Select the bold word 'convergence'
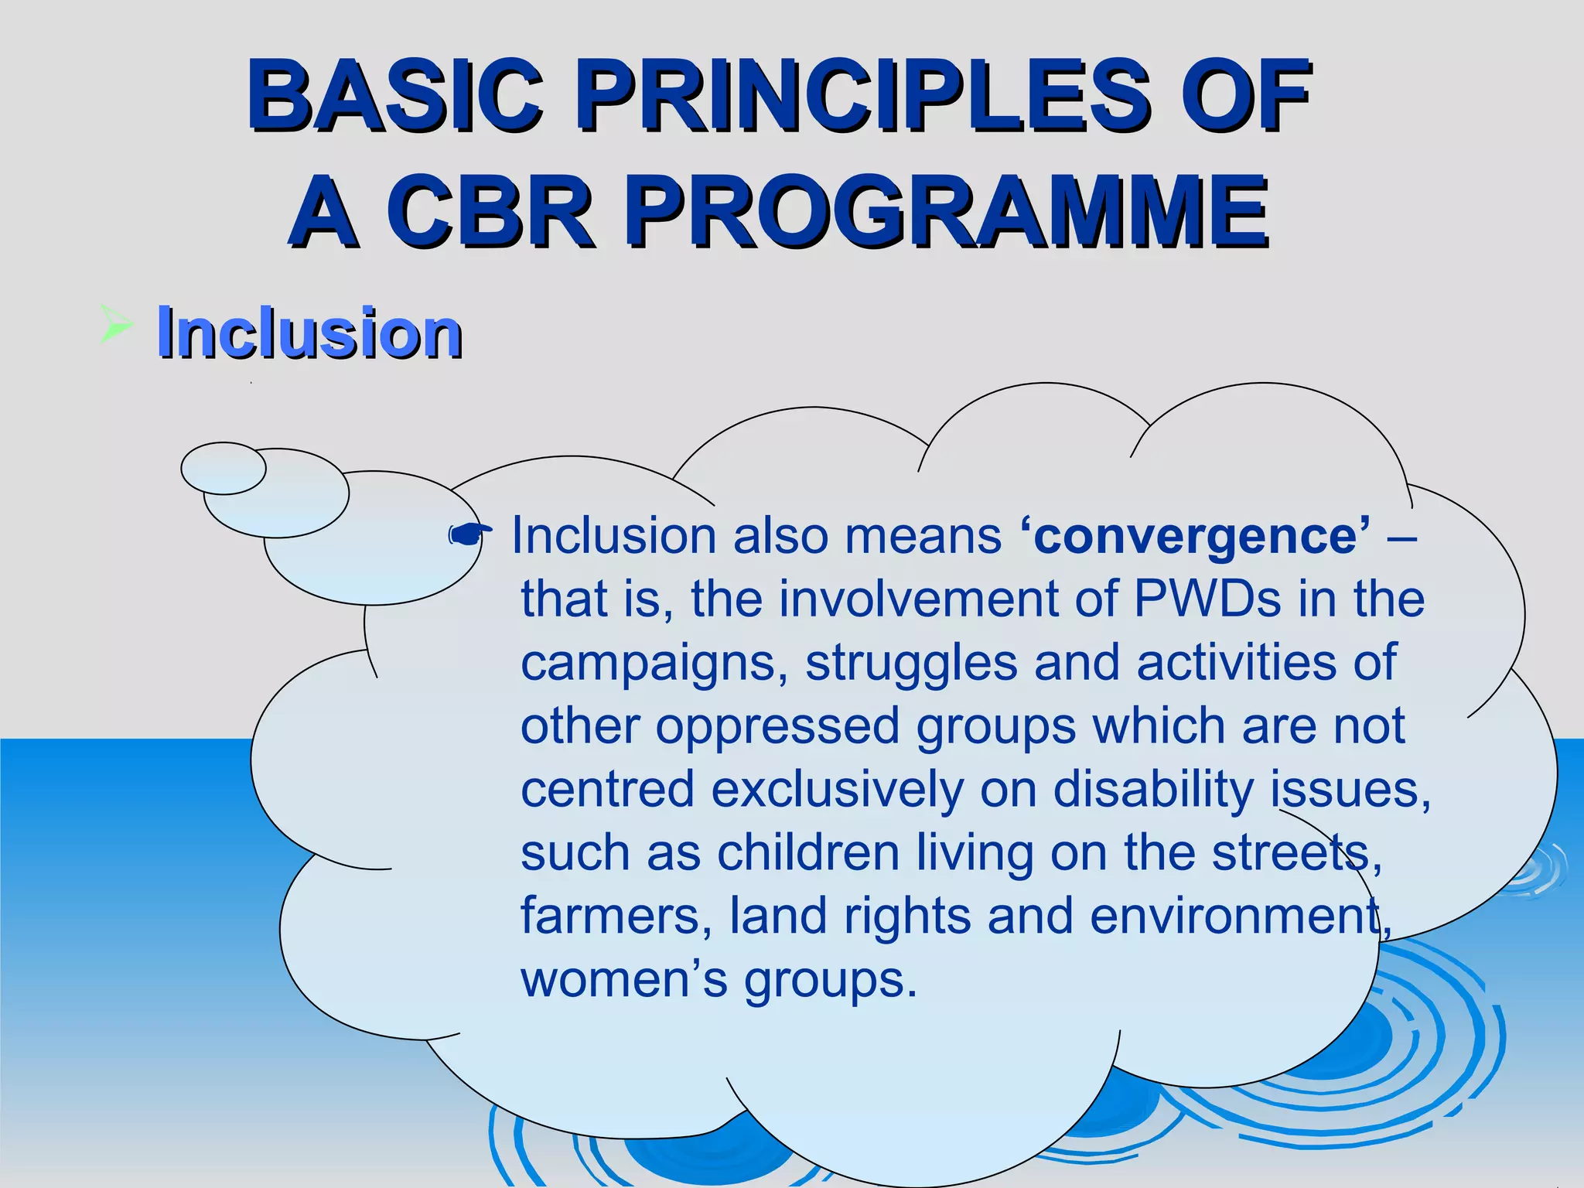(1196, 535)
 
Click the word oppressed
(777, 727)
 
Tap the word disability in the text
(1153, 790)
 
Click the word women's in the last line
(623, 979)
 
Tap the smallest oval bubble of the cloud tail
(223, 468)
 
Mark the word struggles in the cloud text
(912, 664)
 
